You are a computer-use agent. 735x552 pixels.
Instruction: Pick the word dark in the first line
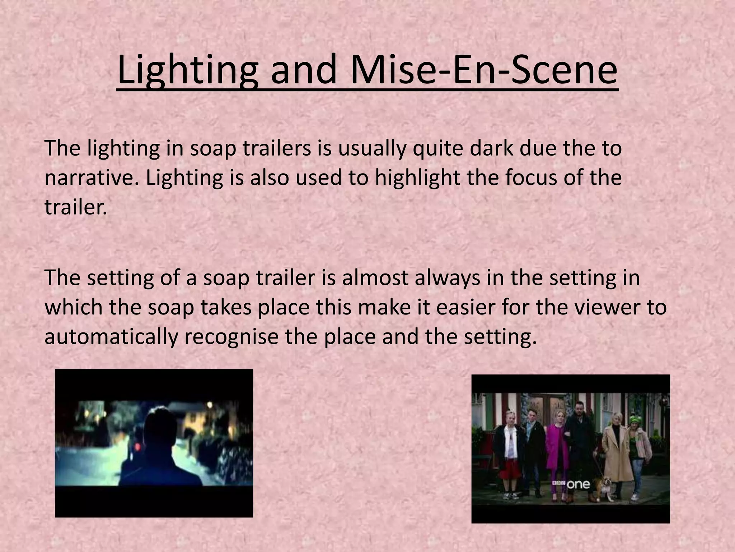pyautogui.click(x=492, y=148)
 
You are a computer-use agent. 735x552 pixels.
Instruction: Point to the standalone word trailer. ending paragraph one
pyautogui.click(x=76, y=207)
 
